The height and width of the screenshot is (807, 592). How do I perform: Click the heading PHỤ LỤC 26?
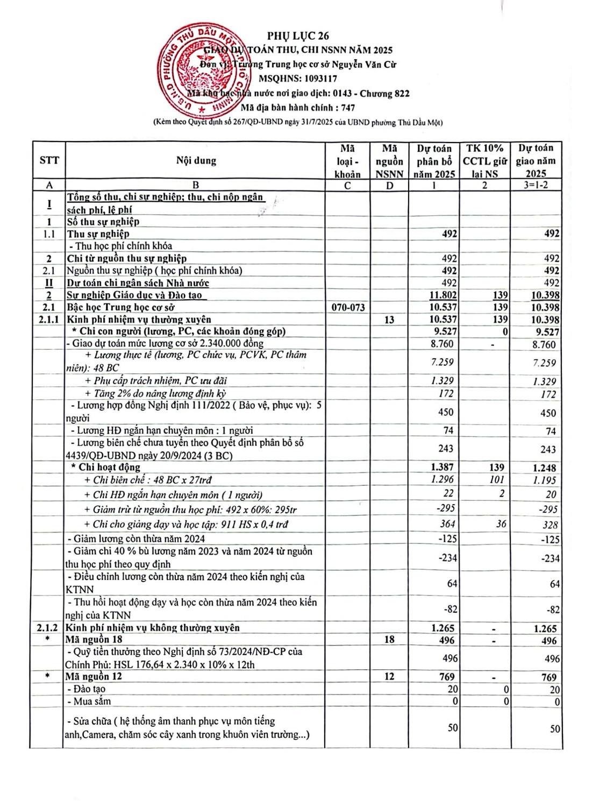pyautogui.click(x=298, y=36)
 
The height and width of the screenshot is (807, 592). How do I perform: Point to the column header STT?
pyautogui.click(x=49, y=160)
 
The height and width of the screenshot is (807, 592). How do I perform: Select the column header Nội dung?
pyautogui.click(x=196, y=160)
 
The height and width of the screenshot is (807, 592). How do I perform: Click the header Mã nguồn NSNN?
pyautogui.click(x=389, y=160)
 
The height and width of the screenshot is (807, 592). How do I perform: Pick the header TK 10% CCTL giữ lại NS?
pyautogui.click(x=485, y=160)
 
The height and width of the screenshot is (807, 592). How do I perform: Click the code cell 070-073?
pyautogui.click(x=348, y=308)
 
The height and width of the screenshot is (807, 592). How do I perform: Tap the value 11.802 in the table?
pyautogui.click(x=443, y=295)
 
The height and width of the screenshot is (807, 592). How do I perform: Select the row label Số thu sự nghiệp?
pyautogui.click(x=103, y=222)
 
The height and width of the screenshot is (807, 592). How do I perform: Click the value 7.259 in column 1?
pyautogui.click(x=442, y=362)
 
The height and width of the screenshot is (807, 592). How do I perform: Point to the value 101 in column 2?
pyautogui.click(x=497, y=479)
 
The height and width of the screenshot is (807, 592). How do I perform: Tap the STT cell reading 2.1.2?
pyautogui.click(x=47, y=628)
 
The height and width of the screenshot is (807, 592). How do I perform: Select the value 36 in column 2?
pyautogui.click(x=501, y=523)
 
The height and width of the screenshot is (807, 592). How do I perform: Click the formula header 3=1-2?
pyautogui.click(x=536, y=185)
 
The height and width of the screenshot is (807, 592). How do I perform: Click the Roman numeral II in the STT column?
pyautogui.click(x=49, y=283)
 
